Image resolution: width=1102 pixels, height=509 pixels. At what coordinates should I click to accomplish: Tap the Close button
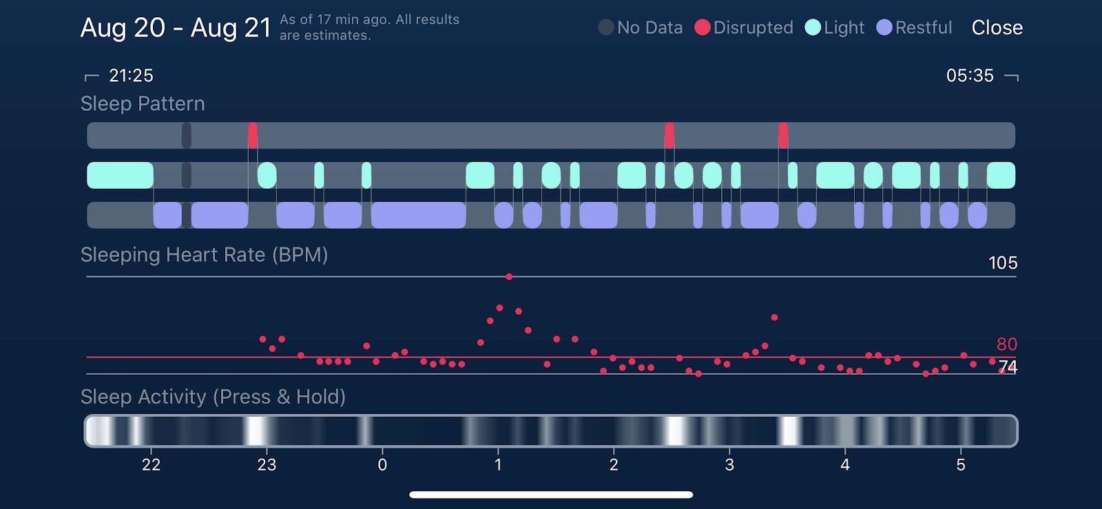997,28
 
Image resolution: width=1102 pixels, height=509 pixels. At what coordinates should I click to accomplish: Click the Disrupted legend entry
744,28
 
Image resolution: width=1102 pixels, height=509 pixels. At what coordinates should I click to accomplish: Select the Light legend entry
834,28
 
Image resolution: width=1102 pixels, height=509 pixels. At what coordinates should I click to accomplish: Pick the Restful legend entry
914,28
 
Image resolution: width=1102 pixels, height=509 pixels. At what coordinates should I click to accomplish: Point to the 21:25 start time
131,76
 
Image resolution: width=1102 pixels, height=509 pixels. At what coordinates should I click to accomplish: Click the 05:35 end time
970,76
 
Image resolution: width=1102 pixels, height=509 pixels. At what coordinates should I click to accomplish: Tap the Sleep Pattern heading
143,104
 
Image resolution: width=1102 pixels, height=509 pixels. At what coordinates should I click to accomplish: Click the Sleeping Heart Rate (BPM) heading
204,255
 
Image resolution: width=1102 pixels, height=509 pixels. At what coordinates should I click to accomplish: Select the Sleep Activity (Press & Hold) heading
213,397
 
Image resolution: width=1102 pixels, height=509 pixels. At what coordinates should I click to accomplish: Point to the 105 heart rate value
1003,263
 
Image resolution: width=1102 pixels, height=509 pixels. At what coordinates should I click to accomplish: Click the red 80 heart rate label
1007,344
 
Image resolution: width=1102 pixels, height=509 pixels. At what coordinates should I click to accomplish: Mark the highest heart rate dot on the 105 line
509,277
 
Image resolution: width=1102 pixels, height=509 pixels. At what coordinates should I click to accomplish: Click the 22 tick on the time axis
151,465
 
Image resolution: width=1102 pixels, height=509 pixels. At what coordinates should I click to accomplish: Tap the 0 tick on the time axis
382,465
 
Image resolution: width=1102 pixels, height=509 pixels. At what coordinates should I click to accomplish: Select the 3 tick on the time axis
729,465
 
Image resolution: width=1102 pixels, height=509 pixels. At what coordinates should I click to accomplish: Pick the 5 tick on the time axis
961,465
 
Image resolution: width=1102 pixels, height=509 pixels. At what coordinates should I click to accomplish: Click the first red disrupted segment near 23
253,135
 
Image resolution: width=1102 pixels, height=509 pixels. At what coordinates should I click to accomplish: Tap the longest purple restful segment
418,215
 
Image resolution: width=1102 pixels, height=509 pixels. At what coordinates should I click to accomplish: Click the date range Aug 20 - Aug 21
176,28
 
